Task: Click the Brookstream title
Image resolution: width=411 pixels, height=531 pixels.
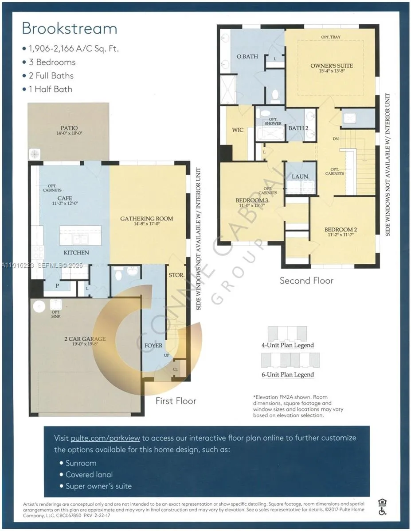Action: coord(70,28)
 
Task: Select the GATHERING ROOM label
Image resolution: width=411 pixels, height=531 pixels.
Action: coord(146,219)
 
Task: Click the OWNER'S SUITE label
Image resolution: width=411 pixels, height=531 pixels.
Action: coord(331,66)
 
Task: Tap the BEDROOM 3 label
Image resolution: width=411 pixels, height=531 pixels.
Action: coord(252,200)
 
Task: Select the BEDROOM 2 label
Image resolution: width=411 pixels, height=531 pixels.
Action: coord(340,229)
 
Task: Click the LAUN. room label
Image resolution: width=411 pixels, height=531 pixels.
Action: coord(300,176)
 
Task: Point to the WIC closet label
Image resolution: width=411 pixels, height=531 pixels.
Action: coord(238,130)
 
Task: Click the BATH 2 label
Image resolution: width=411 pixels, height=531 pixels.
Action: coord(298,128)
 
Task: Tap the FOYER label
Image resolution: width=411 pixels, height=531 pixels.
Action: coord(153,345)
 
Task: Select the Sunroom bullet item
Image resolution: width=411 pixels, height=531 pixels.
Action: coord(81,463)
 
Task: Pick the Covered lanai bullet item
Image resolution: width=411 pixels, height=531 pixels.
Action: coord(89,474)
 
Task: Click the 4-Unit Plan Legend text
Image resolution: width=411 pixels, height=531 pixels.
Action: coord(287,345)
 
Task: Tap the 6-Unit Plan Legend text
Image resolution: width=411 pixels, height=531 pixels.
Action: coord(287,374)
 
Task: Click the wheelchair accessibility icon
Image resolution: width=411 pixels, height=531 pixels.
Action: coord(382,511)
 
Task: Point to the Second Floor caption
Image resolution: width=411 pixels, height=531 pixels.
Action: coord(306,281)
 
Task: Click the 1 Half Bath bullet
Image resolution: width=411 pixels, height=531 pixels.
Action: coord(51,89)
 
